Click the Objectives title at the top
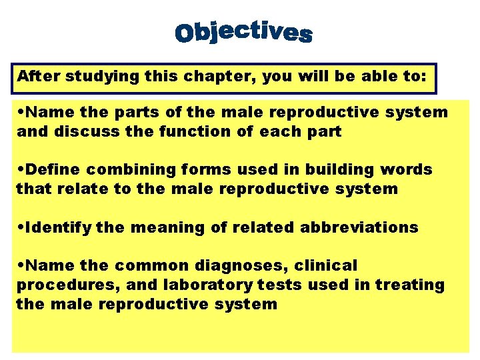[x=243, y=32]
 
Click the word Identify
[x=57, y=228]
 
